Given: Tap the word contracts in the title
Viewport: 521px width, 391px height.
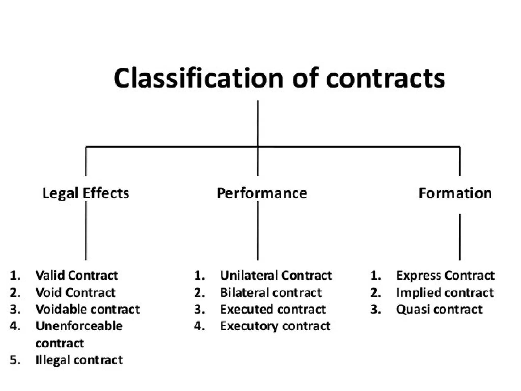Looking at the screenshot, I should click(385, 78).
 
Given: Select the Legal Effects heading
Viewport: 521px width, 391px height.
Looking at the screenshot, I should click(86, 193).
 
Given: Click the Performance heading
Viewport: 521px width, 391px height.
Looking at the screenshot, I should click(262, 193).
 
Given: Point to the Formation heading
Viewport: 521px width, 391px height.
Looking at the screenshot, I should click(455, 193).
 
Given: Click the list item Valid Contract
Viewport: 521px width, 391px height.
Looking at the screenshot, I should click(77, 275).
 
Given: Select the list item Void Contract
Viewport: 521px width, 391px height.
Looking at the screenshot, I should click(76, 293).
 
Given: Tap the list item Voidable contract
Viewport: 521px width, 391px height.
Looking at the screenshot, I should click(88, 310).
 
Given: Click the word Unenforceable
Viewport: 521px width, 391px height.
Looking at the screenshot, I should click(79, 326).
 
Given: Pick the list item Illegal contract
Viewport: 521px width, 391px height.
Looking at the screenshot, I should click(79, 360).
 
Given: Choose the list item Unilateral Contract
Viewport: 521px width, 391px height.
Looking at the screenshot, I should click(276, 275).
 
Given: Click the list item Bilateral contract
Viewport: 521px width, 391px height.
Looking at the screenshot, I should click(271, 293).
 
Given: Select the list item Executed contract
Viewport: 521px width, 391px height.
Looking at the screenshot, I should click(272, 310).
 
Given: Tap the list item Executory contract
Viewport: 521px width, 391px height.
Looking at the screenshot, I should click(275, 326).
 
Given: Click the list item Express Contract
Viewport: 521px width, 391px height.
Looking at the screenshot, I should click(445, 275).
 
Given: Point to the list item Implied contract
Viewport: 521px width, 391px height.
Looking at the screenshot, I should click(445, 293).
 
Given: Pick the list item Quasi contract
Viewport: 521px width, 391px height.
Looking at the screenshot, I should click(439, 310).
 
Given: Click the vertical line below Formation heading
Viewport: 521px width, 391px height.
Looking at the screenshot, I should click(460, 237).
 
